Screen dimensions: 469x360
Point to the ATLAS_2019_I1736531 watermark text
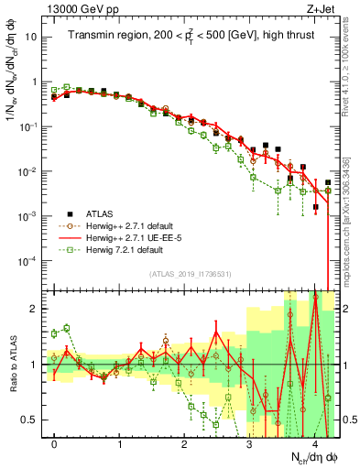pyautogui.click(x=191, y=275)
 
